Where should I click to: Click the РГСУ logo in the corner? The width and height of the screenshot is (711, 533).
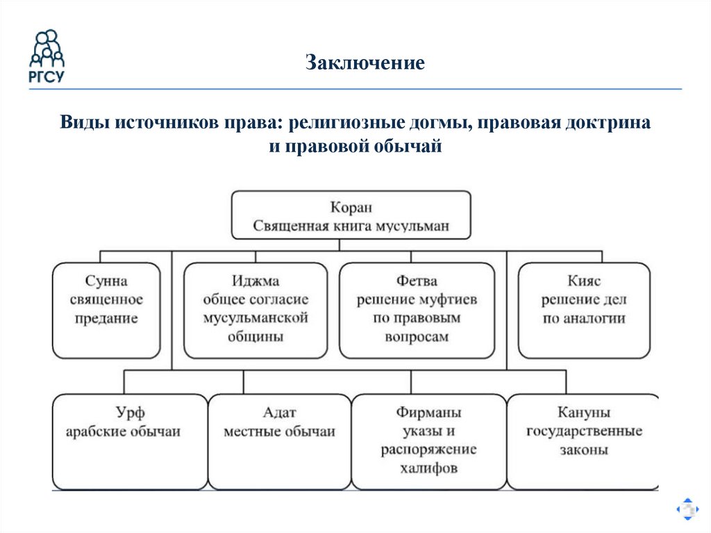tap(47, 56)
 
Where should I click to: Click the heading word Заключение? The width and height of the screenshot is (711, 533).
tap(365, 64)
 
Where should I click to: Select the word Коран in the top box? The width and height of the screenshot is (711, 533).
tap(351, 207)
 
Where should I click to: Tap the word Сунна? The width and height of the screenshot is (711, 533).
tap(106, 281)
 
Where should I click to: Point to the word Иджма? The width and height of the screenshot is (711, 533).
tap(256, 281)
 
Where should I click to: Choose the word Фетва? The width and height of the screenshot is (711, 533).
tap(417, 281)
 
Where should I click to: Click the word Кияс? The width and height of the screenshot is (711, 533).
tap(583, 281)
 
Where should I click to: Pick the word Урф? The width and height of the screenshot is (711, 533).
tap(131, 412)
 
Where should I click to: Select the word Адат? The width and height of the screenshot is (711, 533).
tap(279, 412)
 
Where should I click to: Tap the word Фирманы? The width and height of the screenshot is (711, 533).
tap(428, 412)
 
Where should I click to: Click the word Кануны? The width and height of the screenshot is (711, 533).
tap(583, 412)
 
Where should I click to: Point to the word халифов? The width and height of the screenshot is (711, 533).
tap(428, 468)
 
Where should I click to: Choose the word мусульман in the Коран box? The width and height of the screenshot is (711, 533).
tap(417, 226)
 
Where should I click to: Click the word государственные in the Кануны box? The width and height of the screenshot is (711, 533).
tap(583, 431)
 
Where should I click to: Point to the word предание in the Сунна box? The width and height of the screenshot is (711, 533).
tap(106, 319)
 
